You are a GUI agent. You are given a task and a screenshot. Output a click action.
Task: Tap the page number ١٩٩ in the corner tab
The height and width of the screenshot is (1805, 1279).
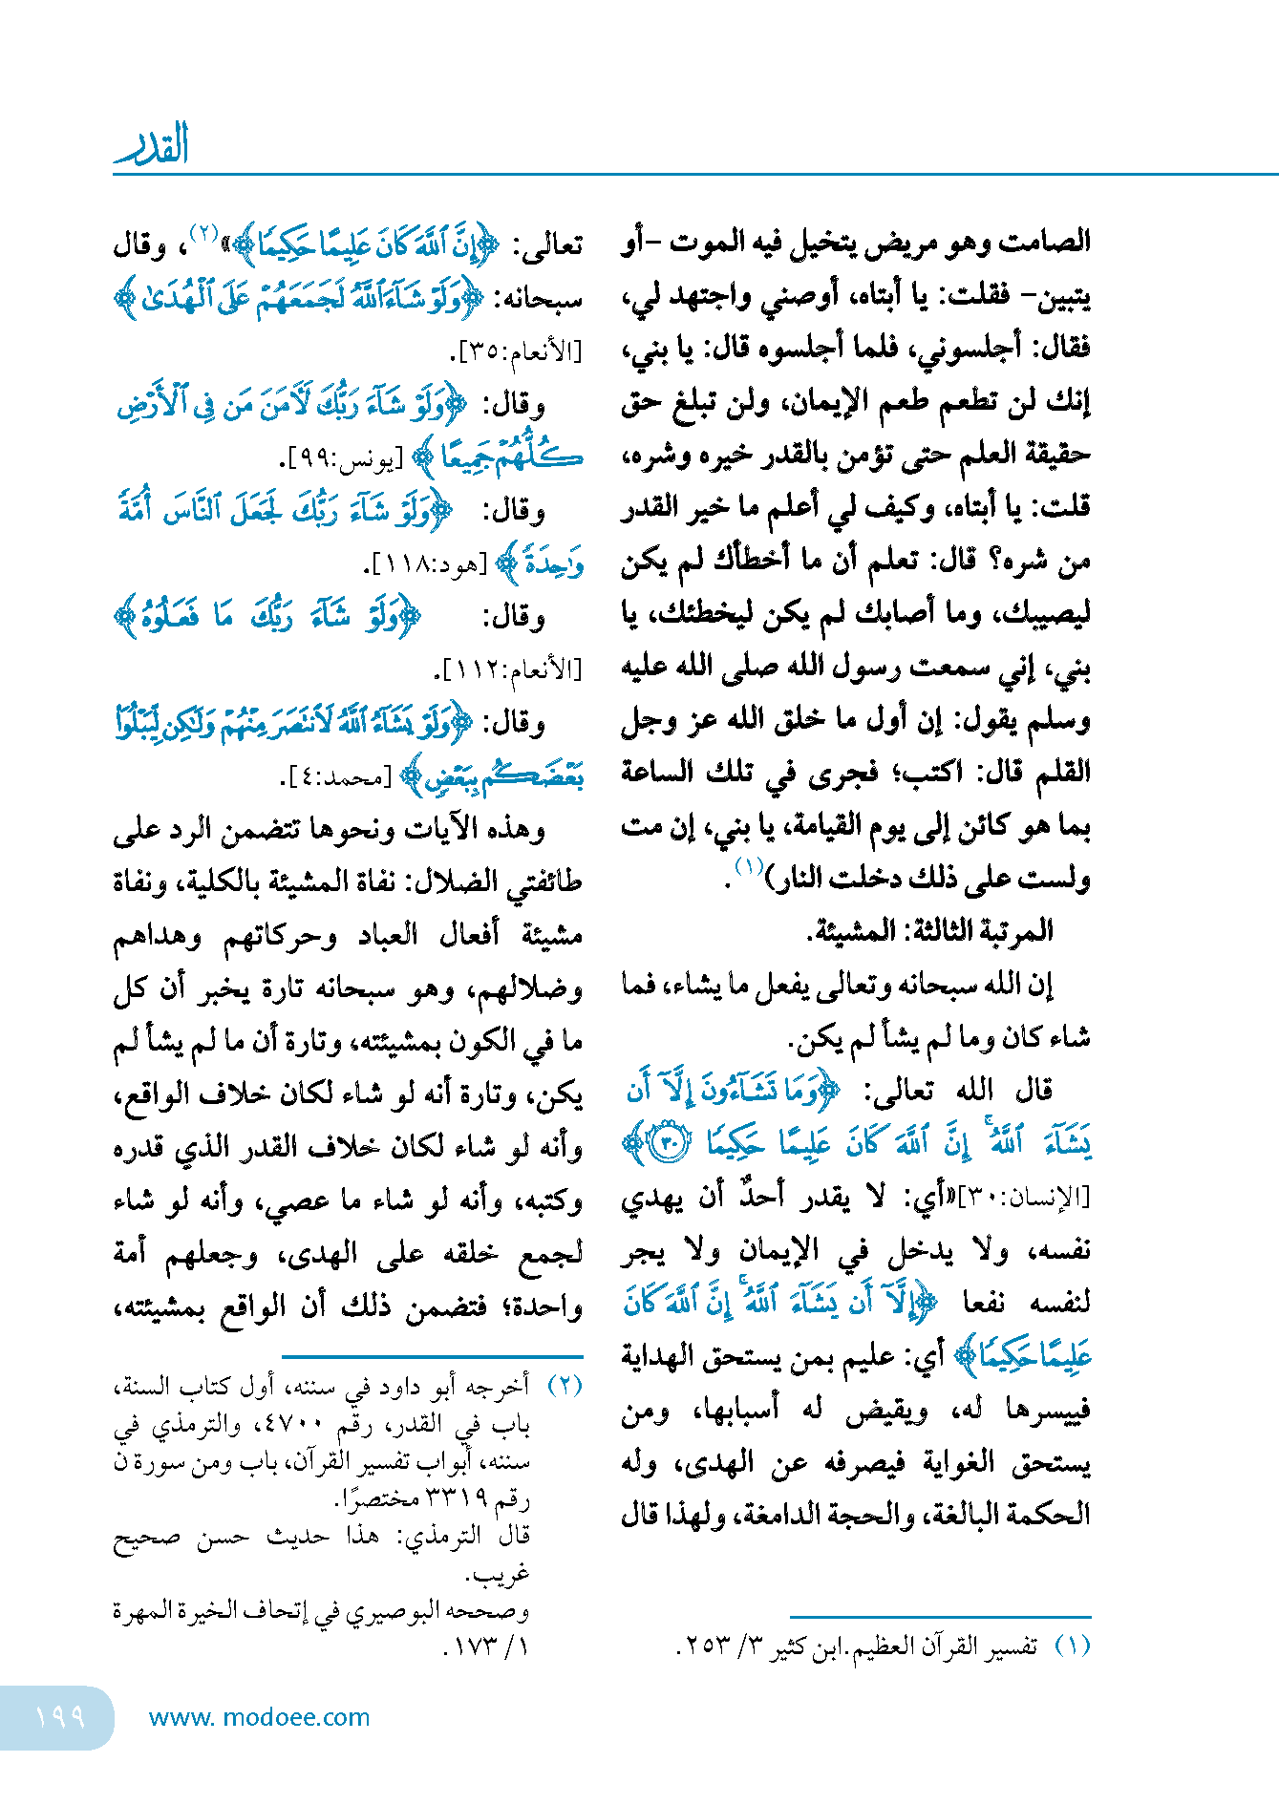coord(59,1718)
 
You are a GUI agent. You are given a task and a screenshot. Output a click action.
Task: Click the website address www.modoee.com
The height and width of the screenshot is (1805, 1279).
coord(259,1718)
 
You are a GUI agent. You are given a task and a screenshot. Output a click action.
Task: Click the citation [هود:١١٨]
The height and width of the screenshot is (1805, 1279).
coord(425,565)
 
